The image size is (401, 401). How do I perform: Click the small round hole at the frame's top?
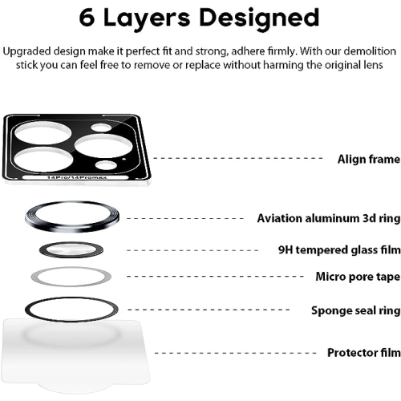(100, 128)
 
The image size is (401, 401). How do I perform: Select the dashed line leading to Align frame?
(241, 159)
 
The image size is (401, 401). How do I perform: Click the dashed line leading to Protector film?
(241, 353)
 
